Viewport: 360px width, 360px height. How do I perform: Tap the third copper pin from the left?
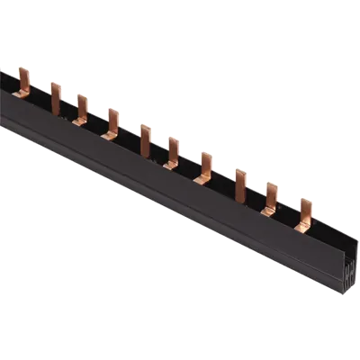click(82, 107)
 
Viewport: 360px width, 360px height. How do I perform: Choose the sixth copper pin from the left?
click(172, 148)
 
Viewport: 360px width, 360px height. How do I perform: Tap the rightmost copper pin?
click(304, 211)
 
